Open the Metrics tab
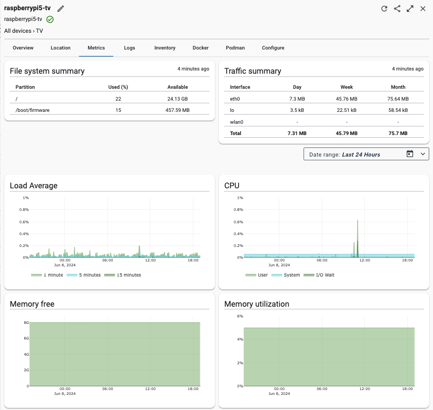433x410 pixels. pos(96,48)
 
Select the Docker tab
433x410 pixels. pos(200,48)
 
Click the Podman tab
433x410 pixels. pos(235,48)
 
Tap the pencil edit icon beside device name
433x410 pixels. pos(61,9)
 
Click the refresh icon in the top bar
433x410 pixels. pos(384,9)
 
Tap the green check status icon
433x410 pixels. pos(50,19)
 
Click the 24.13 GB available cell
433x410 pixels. pos(177,98)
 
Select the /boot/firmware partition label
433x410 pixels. pos(33,110)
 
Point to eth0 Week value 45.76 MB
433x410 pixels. pos(347,98)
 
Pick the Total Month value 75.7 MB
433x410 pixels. pos(398,133)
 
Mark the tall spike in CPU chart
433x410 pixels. pos(357,226)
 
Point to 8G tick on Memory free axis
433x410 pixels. pos(26,323)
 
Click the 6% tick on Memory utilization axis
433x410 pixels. pos(240,316)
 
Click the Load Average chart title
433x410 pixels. pos(34,186)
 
